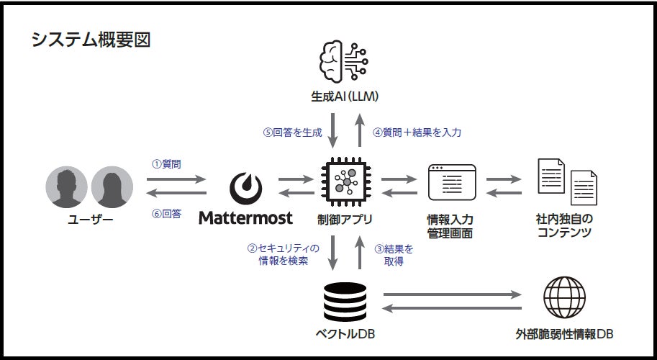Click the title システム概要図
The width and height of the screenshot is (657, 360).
coord(91,40)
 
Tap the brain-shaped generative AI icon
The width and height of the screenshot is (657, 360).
coord(343,63)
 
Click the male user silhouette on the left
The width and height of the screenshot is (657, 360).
coord(67,186)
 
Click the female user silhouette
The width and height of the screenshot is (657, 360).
coord(112,186)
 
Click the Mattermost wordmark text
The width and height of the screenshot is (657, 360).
coord(245,217)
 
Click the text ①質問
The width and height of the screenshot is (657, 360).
coord(166,164)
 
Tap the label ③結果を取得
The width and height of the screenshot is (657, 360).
coord(394,255)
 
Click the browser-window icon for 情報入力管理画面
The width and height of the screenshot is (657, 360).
coord(452,182)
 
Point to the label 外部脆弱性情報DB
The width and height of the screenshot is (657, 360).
coord(565,335)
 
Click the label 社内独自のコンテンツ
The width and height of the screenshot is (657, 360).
coord(563,225)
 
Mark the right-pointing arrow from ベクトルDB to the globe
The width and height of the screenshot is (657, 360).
coord(452,294)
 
